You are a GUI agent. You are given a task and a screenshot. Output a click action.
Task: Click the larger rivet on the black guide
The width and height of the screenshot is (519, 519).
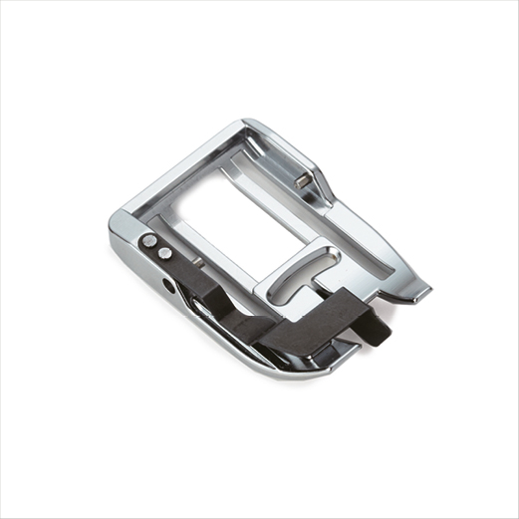point(149,240)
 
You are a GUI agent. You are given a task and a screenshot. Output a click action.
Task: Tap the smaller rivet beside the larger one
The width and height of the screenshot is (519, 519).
point(163,253)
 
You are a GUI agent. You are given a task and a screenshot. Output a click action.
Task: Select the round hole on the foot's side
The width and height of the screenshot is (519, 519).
point(169,285)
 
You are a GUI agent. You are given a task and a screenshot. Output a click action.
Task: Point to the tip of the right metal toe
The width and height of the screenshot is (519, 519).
point(423,293)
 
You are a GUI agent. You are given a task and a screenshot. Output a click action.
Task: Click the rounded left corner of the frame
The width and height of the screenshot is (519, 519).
point(118,220)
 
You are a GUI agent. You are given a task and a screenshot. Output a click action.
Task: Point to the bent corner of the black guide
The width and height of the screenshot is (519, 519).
point(344,299)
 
